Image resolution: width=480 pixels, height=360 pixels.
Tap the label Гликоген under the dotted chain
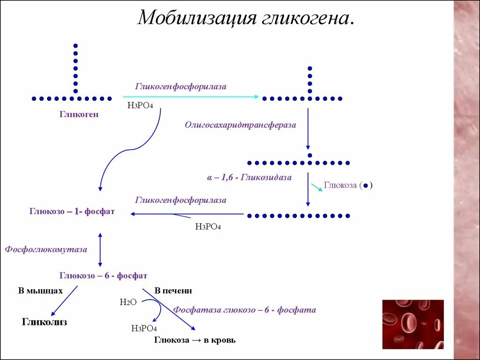[x=79, y=114]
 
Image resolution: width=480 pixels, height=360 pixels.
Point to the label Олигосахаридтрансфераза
[x=240, y=125]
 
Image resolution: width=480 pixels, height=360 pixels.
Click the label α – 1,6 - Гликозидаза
[x=249, y=178]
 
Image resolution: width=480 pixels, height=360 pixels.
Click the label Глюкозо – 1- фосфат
[x=72, y=212]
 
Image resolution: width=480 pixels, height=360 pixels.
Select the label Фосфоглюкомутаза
[x=46, y=249]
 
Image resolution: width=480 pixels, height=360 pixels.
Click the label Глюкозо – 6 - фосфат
[x=103, y=276]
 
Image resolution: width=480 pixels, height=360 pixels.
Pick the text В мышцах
[x=40, y=291]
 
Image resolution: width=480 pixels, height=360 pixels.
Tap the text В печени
[x=173, y=291]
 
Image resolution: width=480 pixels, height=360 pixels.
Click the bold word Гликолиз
[x=45, y=322]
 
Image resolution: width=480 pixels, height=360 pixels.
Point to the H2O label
[x=128, y=302]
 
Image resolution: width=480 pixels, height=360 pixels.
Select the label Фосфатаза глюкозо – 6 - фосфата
[x=244, y=310]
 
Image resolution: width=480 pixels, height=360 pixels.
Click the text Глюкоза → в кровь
[x=195, y=340]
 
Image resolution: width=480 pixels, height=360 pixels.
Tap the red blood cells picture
[x=412, y=324]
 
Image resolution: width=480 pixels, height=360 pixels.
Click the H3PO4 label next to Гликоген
[x=140, y=105]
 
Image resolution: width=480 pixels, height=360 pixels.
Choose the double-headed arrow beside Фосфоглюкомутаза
[x=100, y=249]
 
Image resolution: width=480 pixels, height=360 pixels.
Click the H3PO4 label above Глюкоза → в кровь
[x=144, y=328]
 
